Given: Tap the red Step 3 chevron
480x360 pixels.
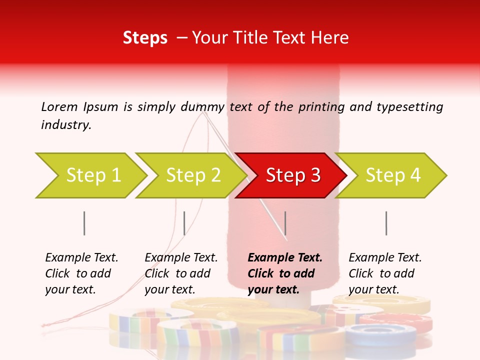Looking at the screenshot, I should [292, 175].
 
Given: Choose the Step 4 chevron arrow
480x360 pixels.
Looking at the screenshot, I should [392, 175].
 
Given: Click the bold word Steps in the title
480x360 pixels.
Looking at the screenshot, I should [145, 38].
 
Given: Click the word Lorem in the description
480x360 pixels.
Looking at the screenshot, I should [59, 107].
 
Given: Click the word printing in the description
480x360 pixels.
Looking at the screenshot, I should [322, 107].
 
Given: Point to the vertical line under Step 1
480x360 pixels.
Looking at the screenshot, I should [84, 223].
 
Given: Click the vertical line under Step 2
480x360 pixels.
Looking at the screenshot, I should [184, 223].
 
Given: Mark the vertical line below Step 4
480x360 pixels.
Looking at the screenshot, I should [386, 223].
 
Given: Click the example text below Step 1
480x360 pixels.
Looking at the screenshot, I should [81, 273].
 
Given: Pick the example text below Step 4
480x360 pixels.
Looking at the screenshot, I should [385, 273].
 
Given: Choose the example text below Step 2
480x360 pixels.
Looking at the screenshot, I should [181, 273].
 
